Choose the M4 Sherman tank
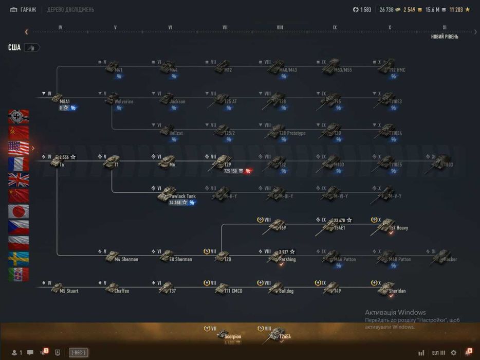(x=114, y=257)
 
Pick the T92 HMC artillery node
(x=386, y=67)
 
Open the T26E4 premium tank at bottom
(x=278, y=335)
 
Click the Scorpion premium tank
(x=224, y=335)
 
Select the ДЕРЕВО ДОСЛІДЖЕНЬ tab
(x=70, y=9)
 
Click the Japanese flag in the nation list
(x=19, y=211)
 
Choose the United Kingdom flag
(x=19, y=179)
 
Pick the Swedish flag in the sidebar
(x=19, y=259)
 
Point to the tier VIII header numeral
(x=280, y=28)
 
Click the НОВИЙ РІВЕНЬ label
(x=445, y=37)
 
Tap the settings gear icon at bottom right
(x=453, y=353)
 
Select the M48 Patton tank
(x=386, y=257)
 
